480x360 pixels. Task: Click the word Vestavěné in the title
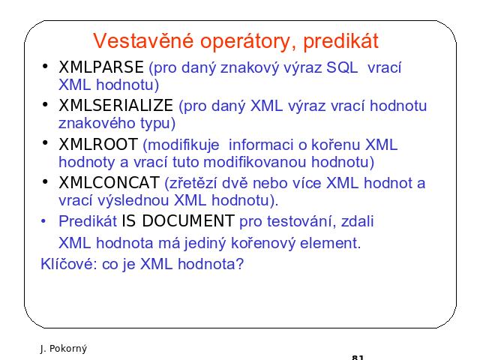click(x=143, y=40)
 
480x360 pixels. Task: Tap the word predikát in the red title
click(x=340, y=40)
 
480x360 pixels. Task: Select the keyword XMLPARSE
click(x=101, y=67)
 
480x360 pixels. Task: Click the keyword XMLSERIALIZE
click(x=115, y=105)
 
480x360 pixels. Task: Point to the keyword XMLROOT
click(x=98, y=144)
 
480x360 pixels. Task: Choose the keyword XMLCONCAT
click(x=109, y=183)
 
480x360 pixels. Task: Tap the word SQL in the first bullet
click(x=342, y=67)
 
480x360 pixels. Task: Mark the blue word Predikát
click(x=88, y=221)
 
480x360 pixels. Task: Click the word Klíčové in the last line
click(x=69, y=263)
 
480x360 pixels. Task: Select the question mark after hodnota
click(x=240, y=263)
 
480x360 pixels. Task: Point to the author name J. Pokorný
click(x=63, y=348)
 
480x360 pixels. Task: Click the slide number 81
click(x=358, y=357)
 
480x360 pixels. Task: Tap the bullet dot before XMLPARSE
click(x=45, y=66)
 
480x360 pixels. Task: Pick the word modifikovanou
click(x=255, y=162)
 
